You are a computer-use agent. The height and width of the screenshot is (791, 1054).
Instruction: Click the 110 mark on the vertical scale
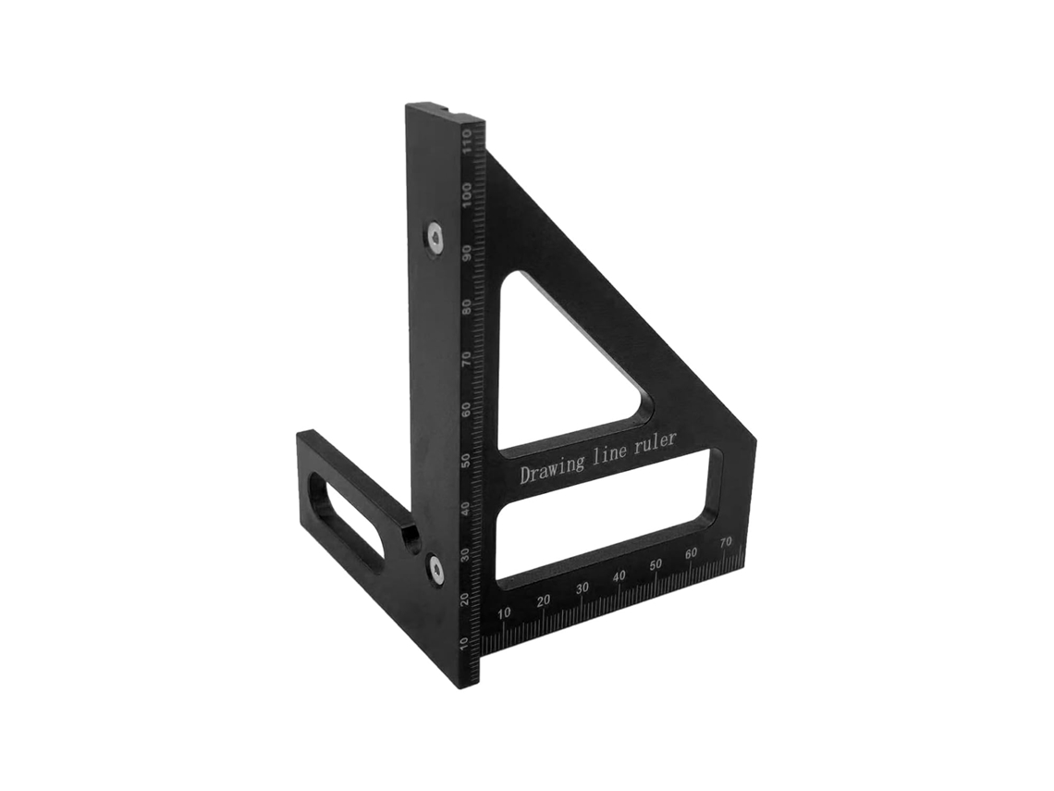coord(465,142)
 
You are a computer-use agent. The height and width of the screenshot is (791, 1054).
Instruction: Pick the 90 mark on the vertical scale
coord(466,253)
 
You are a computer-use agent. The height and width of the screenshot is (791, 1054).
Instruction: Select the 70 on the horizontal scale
coord(725,542)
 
